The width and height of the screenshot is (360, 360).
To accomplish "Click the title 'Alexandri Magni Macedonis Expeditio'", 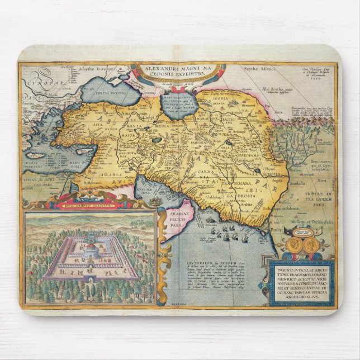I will tap(178, 73).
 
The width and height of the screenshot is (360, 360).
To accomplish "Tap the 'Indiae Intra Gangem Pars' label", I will tap(316, 197).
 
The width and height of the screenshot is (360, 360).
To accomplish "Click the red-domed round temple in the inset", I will tap(91, 249).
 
